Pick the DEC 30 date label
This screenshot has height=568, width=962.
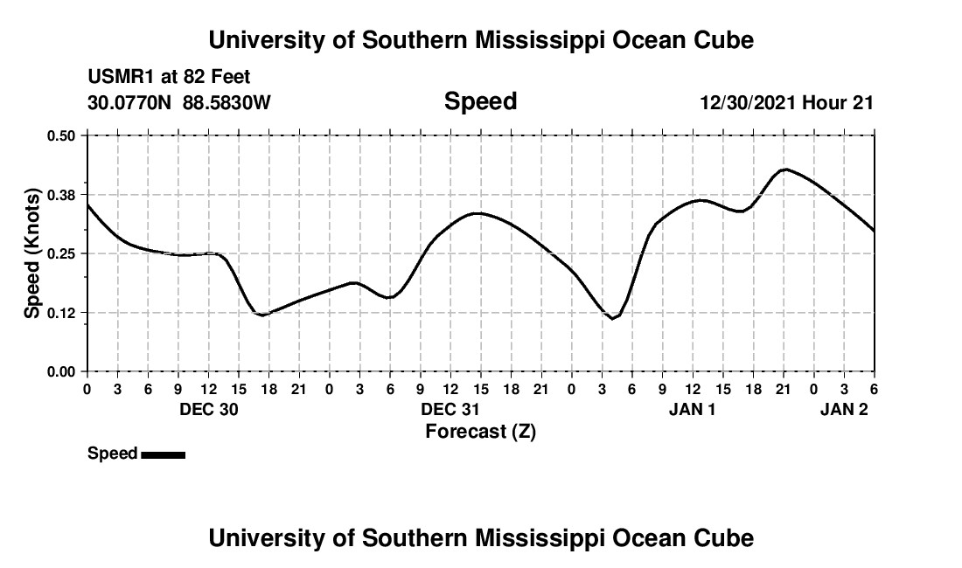pos(209,410)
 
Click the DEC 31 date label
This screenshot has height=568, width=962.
pos(451,410)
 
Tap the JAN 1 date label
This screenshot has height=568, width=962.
pos(693,410)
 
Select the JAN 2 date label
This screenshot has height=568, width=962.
pos(844,410)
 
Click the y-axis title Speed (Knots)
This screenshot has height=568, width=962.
pos(32,253)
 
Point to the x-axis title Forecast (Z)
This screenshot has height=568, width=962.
pos(480,431)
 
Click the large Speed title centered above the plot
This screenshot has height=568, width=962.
pos(480,101)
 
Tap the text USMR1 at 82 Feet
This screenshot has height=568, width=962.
pos(169,78)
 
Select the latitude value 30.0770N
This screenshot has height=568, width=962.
pos(131,103)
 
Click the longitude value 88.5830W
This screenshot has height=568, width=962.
pos(227,103)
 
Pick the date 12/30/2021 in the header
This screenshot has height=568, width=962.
pos(747,103)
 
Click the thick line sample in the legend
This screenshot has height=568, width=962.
pos(164,454)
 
